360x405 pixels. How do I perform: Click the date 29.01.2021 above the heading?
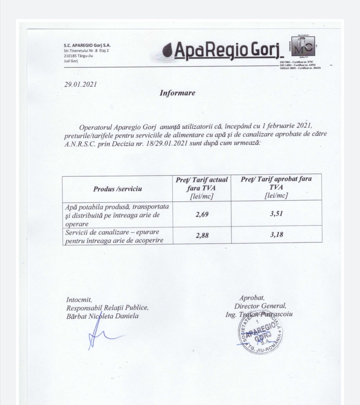81,84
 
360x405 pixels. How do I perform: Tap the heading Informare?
177,93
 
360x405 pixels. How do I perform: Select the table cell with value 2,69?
202,214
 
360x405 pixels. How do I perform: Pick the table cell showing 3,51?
276,213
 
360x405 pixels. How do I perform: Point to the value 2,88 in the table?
202,235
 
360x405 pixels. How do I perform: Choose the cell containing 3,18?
276,235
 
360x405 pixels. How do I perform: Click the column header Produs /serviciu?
117,189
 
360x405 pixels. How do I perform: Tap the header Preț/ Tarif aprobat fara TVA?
276,187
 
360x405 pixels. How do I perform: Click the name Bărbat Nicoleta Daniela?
102,316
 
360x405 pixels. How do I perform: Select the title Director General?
260,306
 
